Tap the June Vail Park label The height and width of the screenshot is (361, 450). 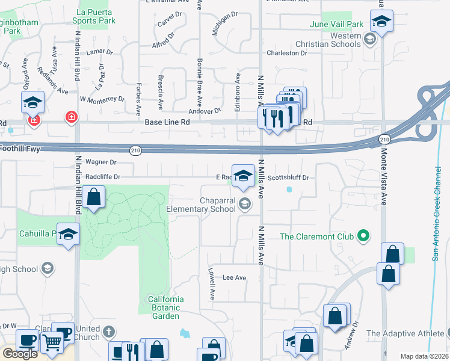click(337, 24)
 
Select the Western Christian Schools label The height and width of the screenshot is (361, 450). click(328, 40)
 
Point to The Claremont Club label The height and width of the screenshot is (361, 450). click(315, 236)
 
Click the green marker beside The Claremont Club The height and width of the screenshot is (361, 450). click(363, 235)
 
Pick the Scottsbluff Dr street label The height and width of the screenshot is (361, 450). click(288, 177)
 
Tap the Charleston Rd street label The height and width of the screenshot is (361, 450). click(287, 53)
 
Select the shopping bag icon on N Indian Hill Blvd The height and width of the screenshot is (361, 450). click(94, 197)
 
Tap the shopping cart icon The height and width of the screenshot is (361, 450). click(52, 342)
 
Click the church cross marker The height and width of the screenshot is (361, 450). click(108, 332)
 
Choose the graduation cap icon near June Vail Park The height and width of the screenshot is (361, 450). click(381, 22)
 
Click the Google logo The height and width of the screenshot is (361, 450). click(20, 354)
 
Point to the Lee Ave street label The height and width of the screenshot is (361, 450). click(235, 278)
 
